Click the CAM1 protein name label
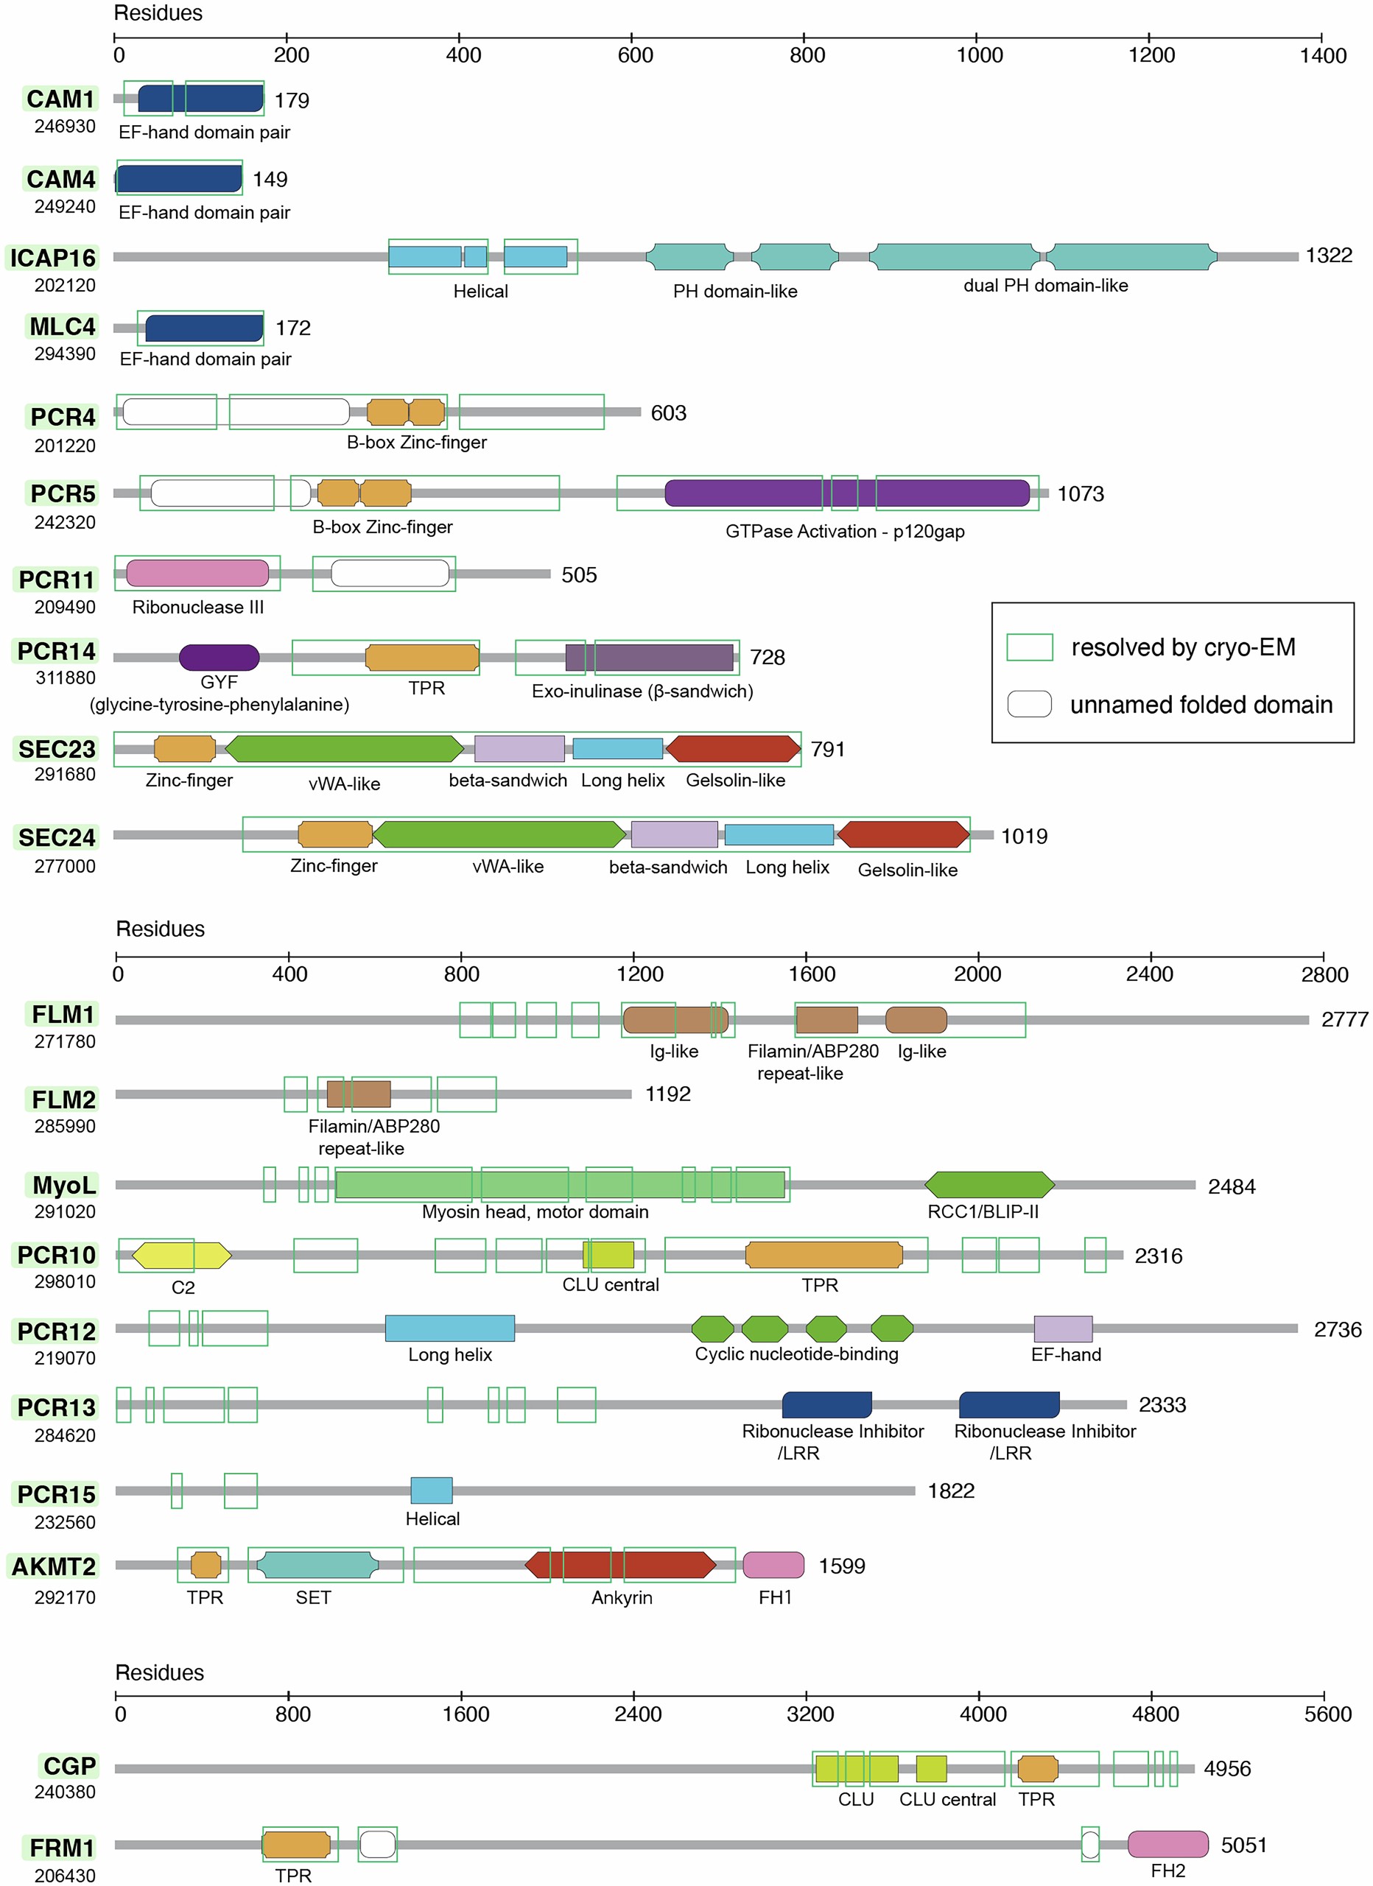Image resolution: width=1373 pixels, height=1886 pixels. coord(60,99)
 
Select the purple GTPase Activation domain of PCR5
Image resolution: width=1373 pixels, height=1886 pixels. coord(846,493)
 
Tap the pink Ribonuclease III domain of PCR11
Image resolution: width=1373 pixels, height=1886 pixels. coord(197,573)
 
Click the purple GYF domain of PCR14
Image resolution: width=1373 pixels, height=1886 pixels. coord(219,657)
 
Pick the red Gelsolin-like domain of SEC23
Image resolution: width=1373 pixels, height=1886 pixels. coord(733,748)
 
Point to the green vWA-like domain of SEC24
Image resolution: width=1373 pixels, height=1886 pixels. coord(499,834)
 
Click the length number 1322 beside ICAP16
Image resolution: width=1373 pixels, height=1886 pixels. coord(1328,256)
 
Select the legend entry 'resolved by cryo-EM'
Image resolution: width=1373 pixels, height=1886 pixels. coord(1181,647)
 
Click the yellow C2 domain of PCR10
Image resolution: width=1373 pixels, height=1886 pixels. coord(181,1255)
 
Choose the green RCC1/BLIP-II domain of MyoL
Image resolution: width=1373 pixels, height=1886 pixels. coord(989,1184)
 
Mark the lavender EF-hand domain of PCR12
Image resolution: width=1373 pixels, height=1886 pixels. coord(1062,1329)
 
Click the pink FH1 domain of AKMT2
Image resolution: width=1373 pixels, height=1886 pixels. coord(773,1564)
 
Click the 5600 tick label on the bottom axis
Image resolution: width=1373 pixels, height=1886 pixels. coord(1327,1714)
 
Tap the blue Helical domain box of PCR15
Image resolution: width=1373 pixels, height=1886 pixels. coord(432,1491)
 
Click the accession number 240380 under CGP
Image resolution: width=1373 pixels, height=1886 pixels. coord(65,1792)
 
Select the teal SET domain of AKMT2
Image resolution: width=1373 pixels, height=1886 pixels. coord(317,1564)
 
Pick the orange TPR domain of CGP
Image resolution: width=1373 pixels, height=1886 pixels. coord(1037,1769)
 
